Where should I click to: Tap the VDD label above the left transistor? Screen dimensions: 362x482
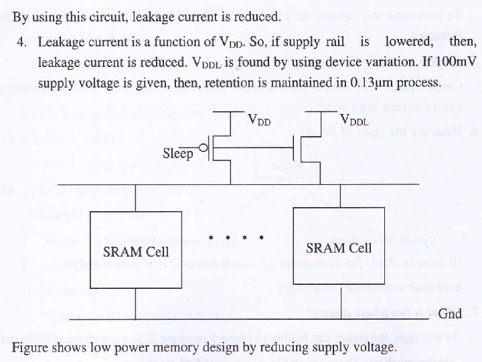pyautogui.click(x=260, y=121)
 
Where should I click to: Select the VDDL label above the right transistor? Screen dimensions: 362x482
pyautogui.click(x=355, y=121)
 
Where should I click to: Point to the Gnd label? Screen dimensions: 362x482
pyautogui.click(x=451, y=314)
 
